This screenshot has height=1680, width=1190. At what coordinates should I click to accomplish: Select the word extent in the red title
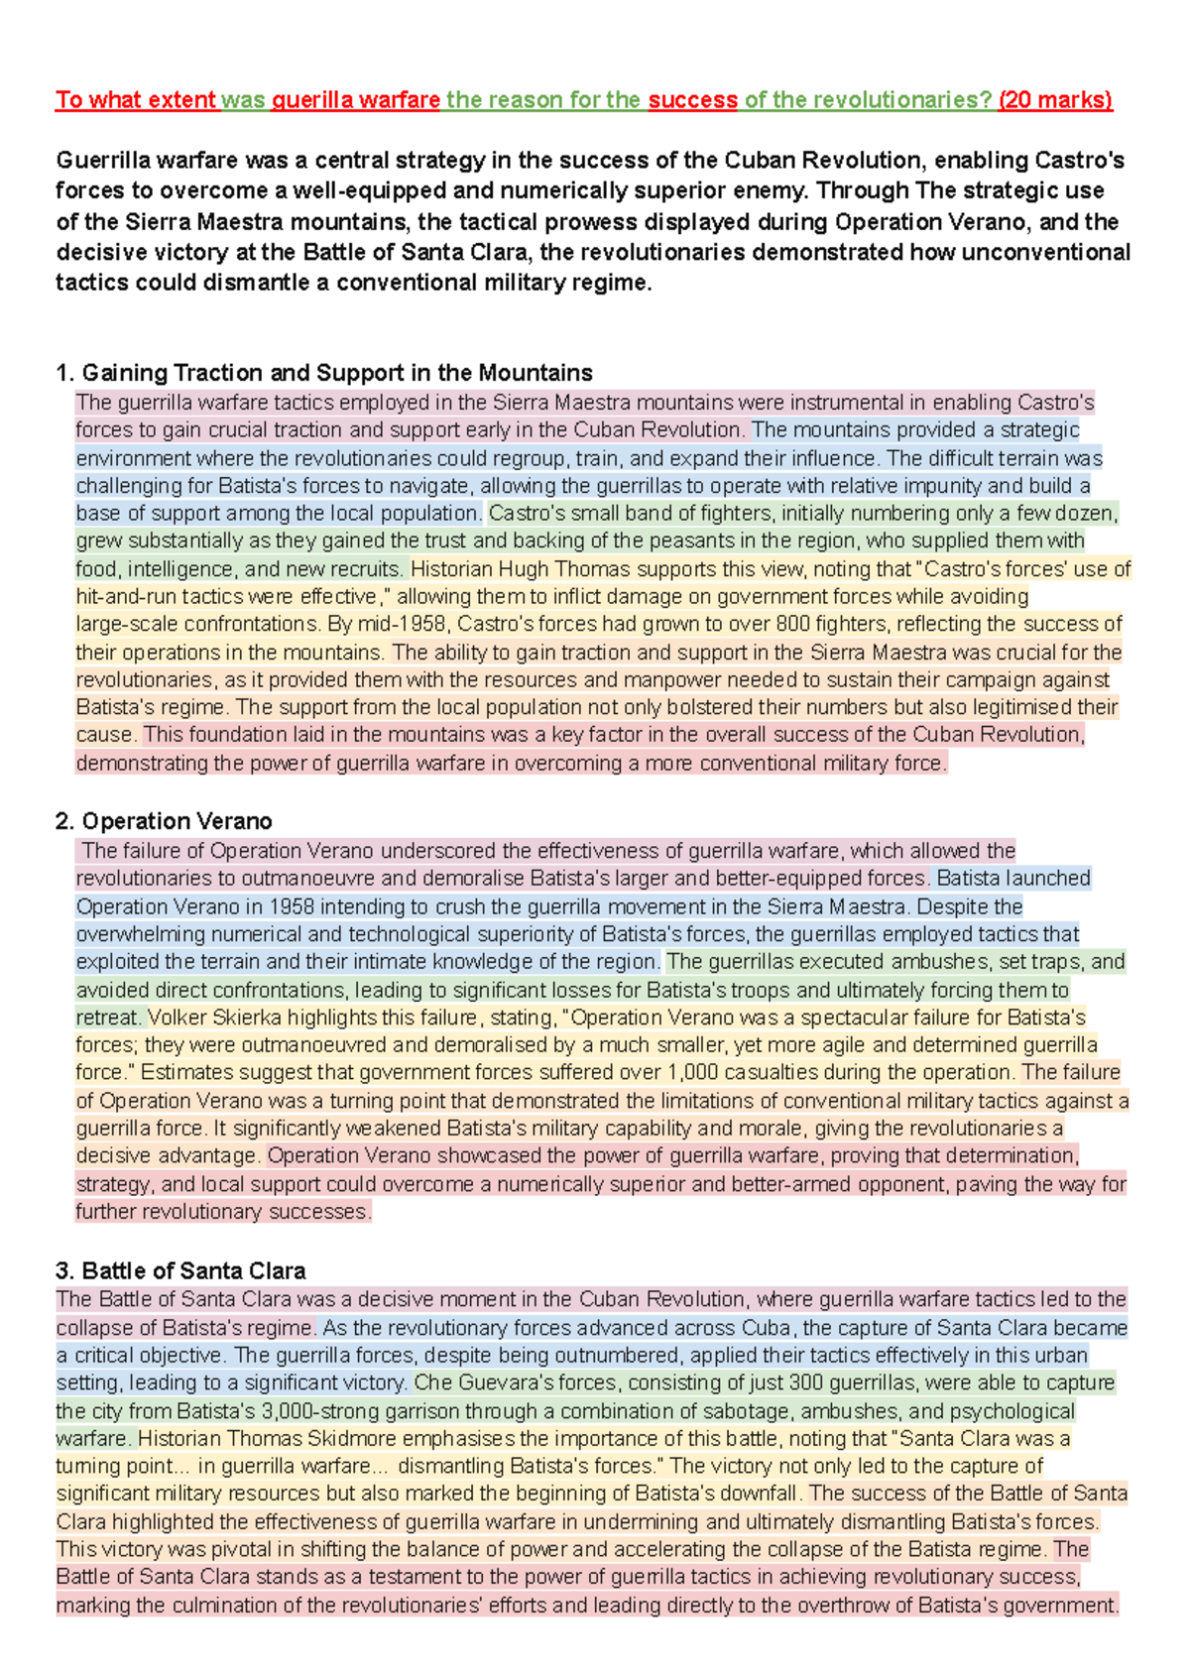(182, 100)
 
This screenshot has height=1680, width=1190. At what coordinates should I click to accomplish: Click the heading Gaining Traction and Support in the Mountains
(337, 373)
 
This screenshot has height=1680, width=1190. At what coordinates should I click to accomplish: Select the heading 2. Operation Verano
(164, 821)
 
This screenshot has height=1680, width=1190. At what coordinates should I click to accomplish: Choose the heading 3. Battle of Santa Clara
(180, 1271)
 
